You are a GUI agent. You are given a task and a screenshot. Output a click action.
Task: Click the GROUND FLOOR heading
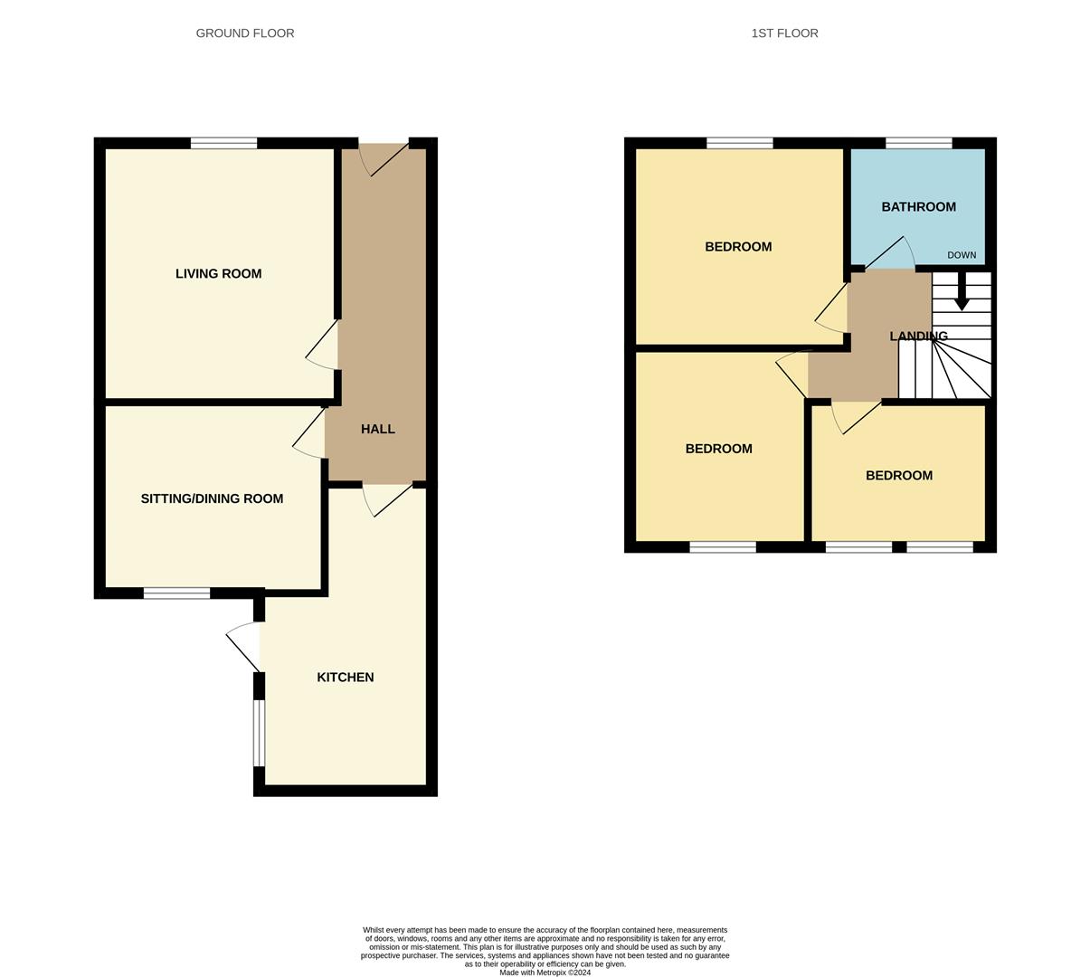click(x=245, y=33)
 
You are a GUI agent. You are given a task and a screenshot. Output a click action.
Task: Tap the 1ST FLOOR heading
click(x=784, y=33)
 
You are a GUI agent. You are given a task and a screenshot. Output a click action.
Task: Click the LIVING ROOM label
click(x=218, y=273)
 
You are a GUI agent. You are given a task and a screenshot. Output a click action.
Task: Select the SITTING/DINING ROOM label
click(x=212, y=498)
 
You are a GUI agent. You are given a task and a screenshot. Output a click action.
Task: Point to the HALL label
click(x=378, y=429)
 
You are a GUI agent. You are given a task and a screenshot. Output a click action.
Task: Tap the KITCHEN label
click(x=346, y=677)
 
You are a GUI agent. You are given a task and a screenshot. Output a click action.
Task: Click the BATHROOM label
click(x=918, y=206)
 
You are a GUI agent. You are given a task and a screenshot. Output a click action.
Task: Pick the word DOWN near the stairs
click(x=962, y=255)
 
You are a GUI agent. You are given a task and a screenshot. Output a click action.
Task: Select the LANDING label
click(x=918, y=336)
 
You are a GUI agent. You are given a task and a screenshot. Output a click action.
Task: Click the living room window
click(x=223, y=143)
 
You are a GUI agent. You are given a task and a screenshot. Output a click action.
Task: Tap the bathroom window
click(x=919, y=143)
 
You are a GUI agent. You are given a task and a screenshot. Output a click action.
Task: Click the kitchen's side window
click(x=260, y=733)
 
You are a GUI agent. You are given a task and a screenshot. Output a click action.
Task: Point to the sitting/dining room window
click(x=176, y=593)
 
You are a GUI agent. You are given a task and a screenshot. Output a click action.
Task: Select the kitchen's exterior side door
click(x=243, y=646)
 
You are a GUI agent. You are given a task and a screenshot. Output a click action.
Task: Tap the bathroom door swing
click(x=889, y=252)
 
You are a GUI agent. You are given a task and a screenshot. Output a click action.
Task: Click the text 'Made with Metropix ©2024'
click(x=545, y=972)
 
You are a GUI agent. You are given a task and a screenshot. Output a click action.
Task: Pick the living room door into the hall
click(x=321, y=345)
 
